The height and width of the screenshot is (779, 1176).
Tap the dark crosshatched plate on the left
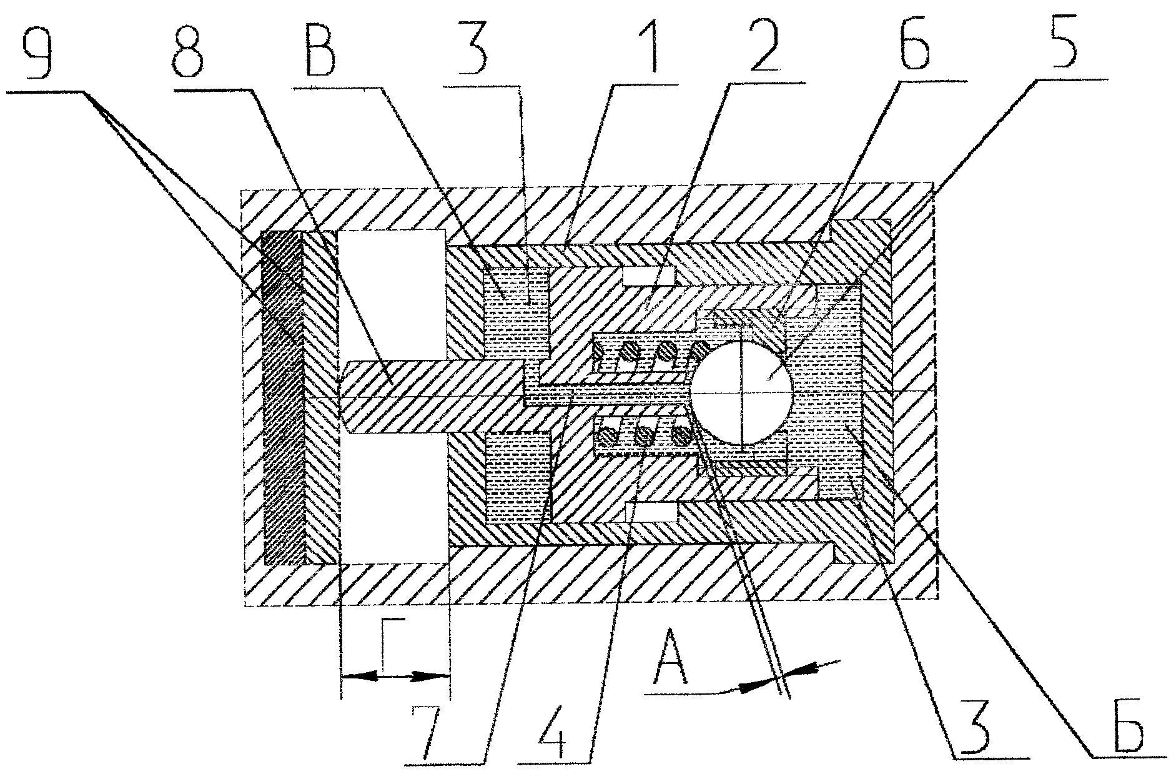coord(284,397)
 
